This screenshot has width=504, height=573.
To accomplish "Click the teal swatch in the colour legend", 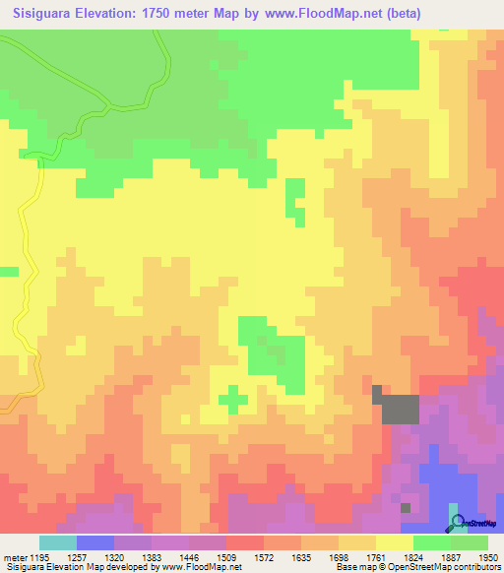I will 57,542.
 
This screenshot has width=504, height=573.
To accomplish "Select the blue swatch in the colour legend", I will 94,542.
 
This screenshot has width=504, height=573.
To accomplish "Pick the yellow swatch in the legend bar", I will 394,542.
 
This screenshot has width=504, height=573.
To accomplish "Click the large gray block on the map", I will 399,408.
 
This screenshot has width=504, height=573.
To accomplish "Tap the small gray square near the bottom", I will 406,507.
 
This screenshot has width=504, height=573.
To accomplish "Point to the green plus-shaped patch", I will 232,399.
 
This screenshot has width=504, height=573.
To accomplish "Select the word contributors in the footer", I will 477,568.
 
